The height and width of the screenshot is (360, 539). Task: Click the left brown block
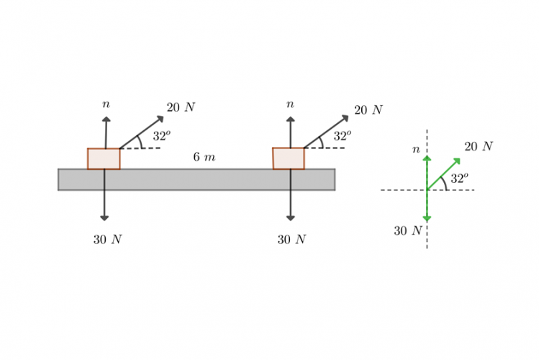click(x=104, y=158)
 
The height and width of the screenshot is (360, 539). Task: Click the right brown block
click(x=289, y=158)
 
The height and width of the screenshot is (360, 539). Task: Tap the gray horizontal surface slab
click(x=196, y=179)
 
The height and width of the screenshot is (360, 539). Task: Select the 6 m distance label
click(x=204, y=157)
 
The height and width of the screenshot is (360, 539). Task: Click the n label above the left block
click(x=107, y=105)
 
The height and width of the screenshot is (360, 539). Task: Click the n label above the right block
click(x=290, y=104)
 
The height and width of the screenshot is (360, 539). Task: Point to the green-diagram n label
click(x=416, y=150)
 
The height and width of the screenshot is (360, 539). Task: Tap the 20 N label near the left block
click(x=181, y=107)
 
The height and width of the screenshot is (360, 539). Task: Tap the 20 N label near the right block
click(x=368, y=110)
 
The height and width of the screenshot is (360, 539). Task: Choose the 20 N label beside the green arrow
click(x=478, y=146)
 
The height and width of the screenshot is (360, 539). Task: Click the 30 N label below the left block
click(x=107, y=240)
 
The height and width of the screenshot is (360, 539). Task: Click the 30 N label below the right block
click(x=291, y=240)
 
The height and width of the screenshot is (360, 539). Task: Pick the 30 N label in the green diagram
click(x=407, y=231)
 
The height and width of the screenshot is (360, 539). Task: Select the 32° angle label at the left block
click(x=161, y=135)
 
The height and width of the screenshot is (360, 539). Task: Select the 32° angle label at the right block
click(x=342, y=135)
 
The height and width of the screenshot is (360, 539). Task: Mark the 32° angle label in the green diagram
click(x=459, y=179)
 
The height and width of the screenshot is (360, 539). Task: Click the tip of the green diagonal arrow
click(x=458, y=159)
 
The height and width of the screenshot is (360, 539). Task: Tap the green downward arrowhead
click(x=427, y=218)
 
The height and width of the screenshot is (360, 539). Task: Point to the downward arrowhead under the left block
click(x=104, y=217)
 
